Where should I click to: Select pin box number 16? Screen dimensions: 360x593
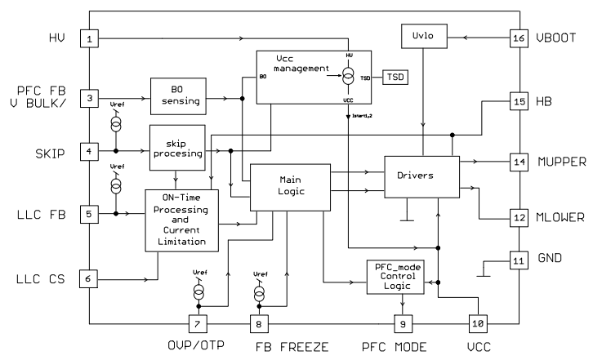[x=518, y=38]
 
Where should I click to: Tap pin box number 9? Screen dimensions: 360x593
[x=401, y=323]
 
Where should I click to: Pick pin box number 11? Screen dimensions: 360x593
[x=518, y=262]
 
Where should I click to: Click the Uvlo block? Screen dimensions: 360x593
[x=421, y=38]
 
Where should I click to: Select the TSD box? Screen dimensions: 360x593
[x=395, y=76]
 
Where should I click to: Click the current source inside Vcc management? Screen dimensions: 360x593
[x=349, y=78]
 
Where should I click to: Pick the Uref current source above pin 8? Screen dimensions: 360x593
[x=260, y=291]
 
